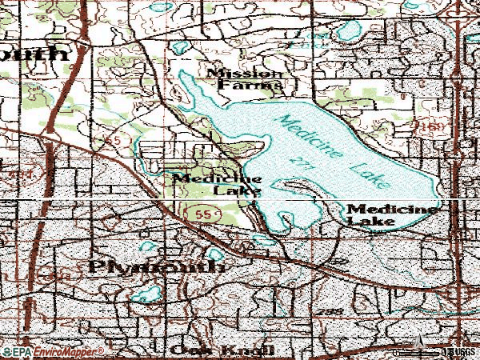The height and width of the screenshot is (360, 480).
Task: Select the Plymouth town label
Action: point(157,266)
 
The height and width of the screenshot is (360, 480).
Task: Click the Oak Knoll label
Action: point(222,351)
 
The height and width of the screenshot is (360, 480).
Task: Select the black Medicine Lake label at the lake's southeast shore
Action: point(392,214)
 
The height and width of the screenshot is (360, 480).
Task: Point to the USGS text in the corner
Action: point(464,351)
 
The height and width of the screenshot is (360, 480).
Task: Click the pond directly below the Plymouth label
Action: point(147,294)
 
